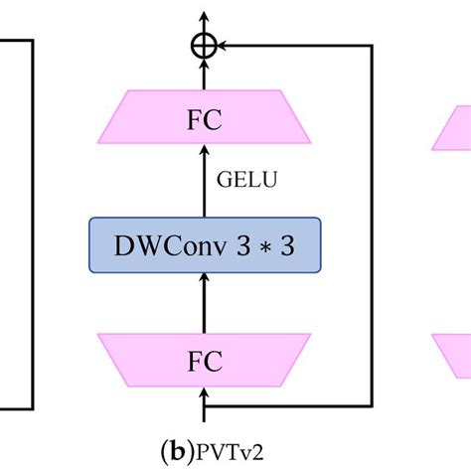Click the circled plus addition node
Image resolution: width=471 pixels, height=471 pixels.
[x=205, y=45]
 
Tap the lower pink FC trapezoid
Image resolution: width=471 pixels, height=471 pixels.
[x=205, y=362]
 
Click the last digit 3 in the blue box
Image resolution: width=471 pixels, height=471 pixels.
[x=287, y=244]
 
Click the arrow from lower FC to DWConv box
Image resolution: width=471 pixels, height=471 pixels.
[x=205, y=303]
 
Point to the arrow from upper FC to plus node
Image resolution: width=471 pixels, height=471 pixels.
[x=205, y=74]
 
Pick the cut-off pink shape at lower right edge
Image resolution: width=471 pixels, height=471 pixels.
[x=452, y=353]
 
